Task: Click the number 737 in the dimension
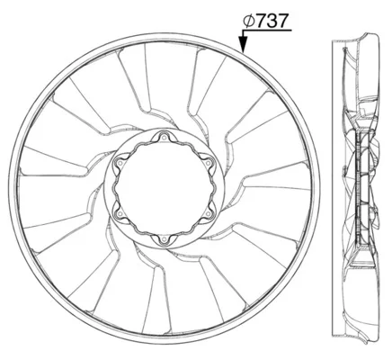click(272, 21)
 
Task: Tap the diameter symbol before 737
click(249, 21)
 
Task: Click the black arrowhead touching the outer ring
click(243, 45)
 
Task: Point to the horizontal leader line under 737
click(267, 31)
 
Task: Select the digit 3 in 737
click(272, 21)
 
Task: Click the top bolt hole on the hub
click(164, 138)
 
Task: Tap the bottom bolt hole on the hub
click(164, 239)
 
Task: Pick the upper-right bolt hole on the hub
click(209, 163)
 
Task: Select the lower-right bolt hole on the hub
click(209, 214)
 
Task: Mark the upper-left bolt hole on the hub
click(120, 163)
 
